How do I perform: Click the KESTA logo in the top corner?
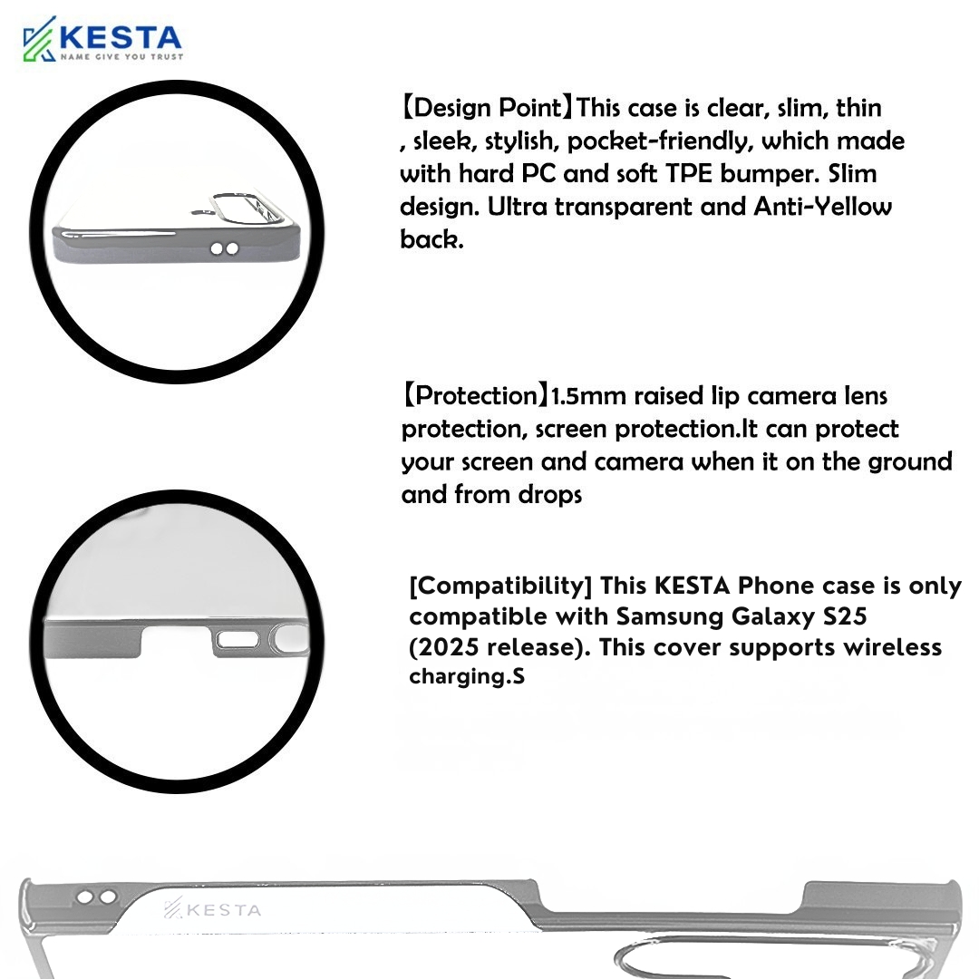pos(102,39)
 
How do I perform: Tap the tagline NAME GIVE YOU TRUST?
pos(121,57)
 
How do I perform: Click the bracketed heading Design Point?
pos(487,107)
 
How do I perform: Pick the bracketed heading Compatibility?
pos(500,586)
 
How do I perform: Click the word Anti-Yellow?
pos(822,206)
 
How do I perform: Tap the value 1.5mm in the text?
pos(588,396)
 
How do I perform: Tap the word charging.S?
pos(467,676)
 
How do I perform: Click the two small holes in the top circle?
pos(225,248)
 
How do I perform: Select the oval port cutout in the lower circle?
pos(237,639)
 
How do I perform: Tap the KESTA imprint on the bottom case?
pos(212,909)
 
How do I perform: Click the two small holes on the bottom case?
pos(97,897)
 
